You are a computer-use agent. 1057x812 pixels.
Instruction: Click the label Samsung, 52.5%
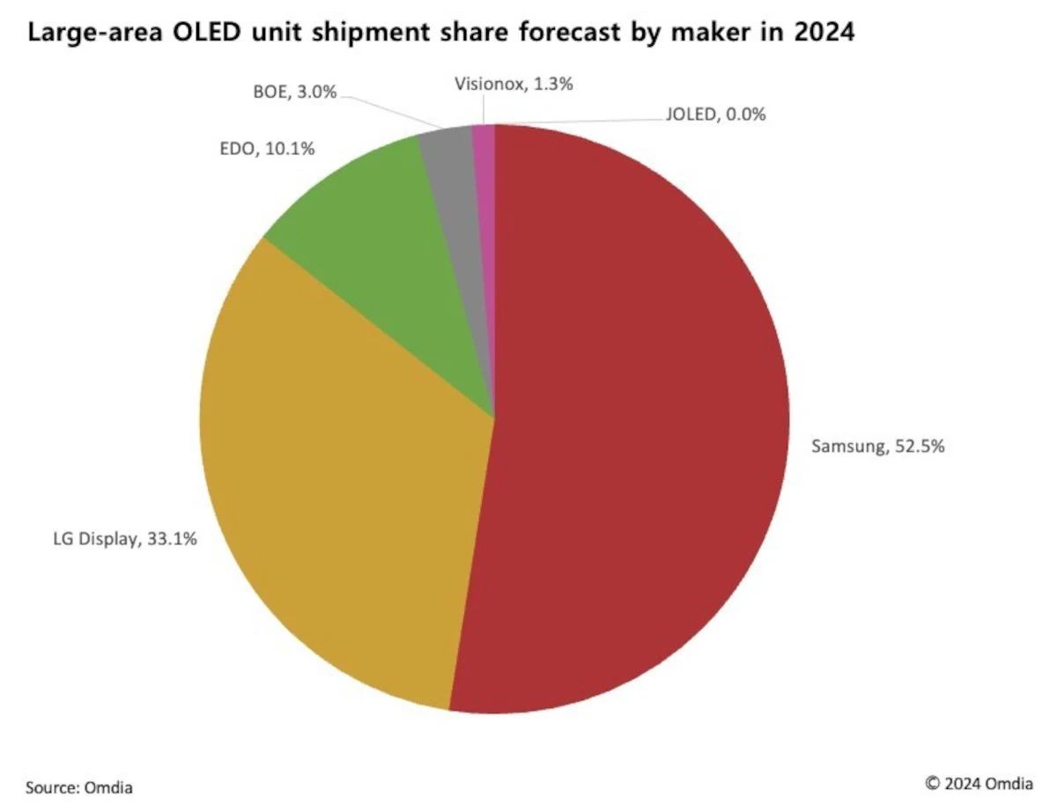[x=877, y=447]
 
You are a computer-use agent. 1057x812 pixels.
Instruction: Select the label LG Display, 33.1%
[x=123, y=538]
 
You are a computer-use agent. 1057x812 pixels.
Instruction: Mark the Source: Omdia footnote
[x=79, y=787]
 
